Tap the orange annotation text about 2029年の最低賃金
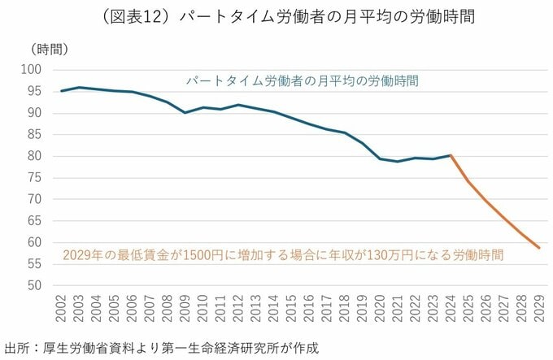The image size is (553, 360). (283, 254)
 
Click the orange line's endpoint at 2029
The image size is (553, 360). (539, 248)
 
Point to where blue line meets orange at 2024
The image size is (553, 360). (451, 155)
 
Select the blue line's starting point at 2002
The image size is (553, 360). (62, 91)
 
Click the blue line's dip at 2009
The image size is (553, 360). (185, 112)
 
